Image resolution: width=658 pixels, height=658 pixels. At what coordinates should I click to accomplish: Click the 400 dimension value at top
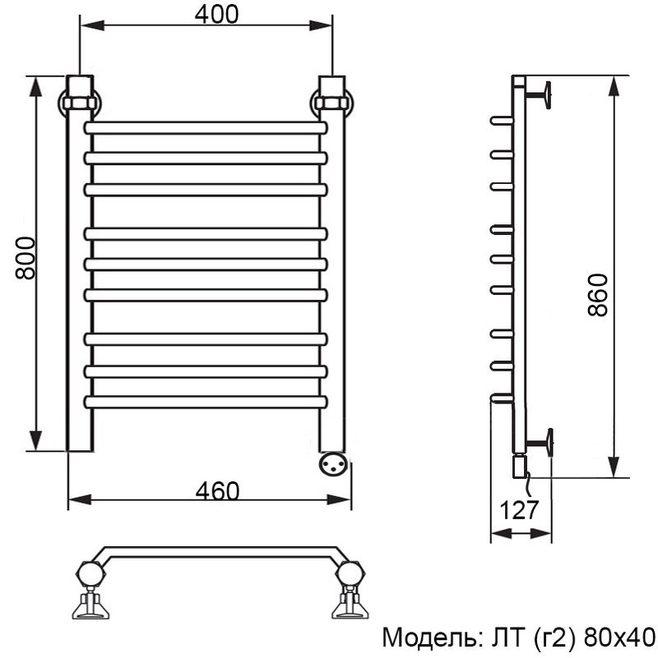click(216, 14)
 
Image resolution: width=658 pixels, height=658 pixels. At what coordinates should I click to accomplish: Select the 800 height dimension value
click(25, 258)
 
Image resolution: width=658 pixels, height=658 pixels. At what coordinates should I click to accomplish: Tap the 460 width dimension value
click(217, 490)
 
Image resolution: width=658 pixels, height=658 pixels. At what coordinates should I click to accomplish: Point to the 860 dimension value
click(597, 295)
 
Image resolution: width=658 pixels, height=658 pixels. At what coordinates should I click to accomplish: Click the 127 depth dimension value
click(519, 510)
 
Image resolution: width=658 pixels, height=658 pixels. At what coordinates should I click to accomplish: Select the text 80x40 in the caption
click(620, 637)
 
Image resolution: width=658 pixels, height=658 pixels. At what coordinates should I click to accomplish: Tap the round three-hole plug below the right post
click(334, 463)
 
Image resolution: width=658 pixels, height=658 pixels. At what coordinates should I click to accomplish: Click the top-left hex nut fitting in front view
click(80, 104)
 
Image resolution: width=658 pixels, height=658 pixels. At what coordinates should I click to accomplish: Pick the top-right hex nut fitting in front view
click(332, 104)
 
